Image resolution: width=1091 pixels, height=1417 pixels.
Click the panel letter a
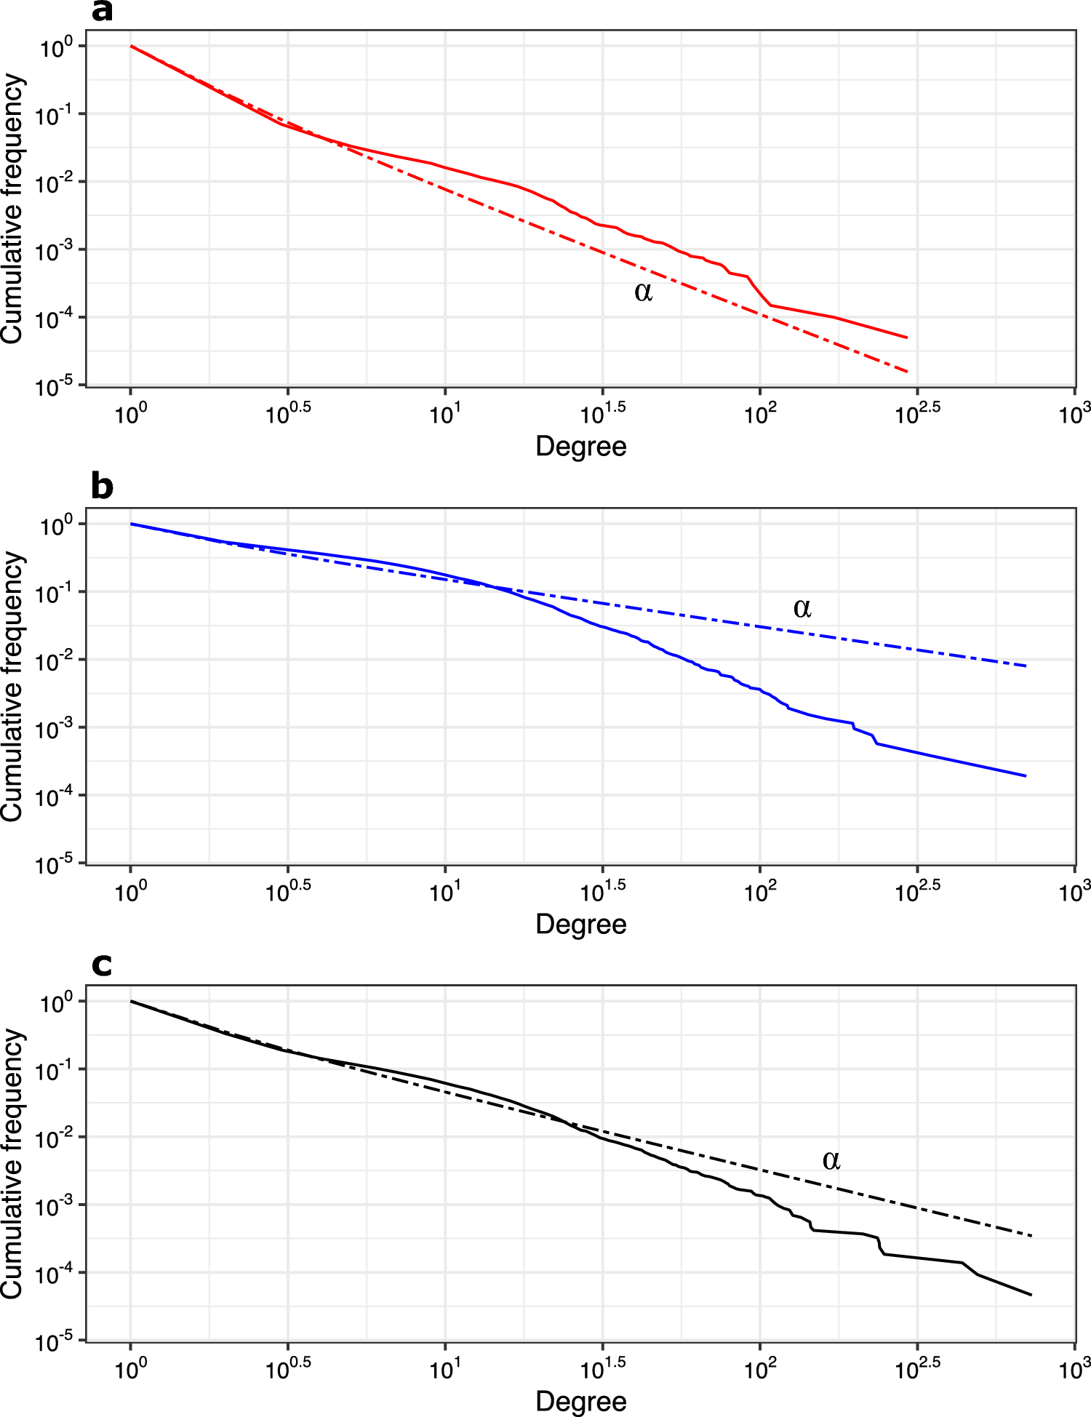point(102,12)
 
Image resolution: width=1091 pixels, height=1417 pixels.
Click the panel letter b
point(102,486)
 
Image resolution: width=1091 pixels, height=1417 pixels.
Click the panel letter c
point(102,965)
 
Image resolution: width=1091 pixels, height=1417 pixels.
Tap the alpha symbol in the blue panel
point(802,608)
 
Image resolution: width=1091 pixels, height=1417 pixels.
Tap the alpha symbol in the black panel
point(831,1160)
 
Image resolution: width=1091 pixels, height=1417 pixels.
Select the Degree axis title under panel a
point(580,446)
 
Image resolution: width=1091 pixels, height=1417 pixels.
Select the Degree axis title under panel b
point(580,924)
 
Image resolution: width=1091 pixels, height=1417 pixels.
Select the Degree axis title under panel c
point(580,1401)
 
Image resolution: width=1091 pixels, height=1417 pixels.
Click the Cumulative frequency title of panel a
point(13,209)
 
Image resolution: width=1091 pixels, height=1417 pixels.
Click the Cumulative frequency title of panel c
point(13,1164)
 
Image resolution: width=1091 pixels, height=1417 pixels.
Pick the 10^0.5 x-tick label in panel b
point(288,892)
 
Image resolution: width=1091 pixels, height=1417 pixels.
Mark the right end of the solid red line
point(907,338)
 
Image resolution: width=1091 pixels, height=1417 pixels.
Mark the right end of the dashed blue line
point(1026,666)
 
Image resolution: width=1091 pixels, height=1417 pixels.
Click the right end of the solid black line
point(1031,1295)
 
